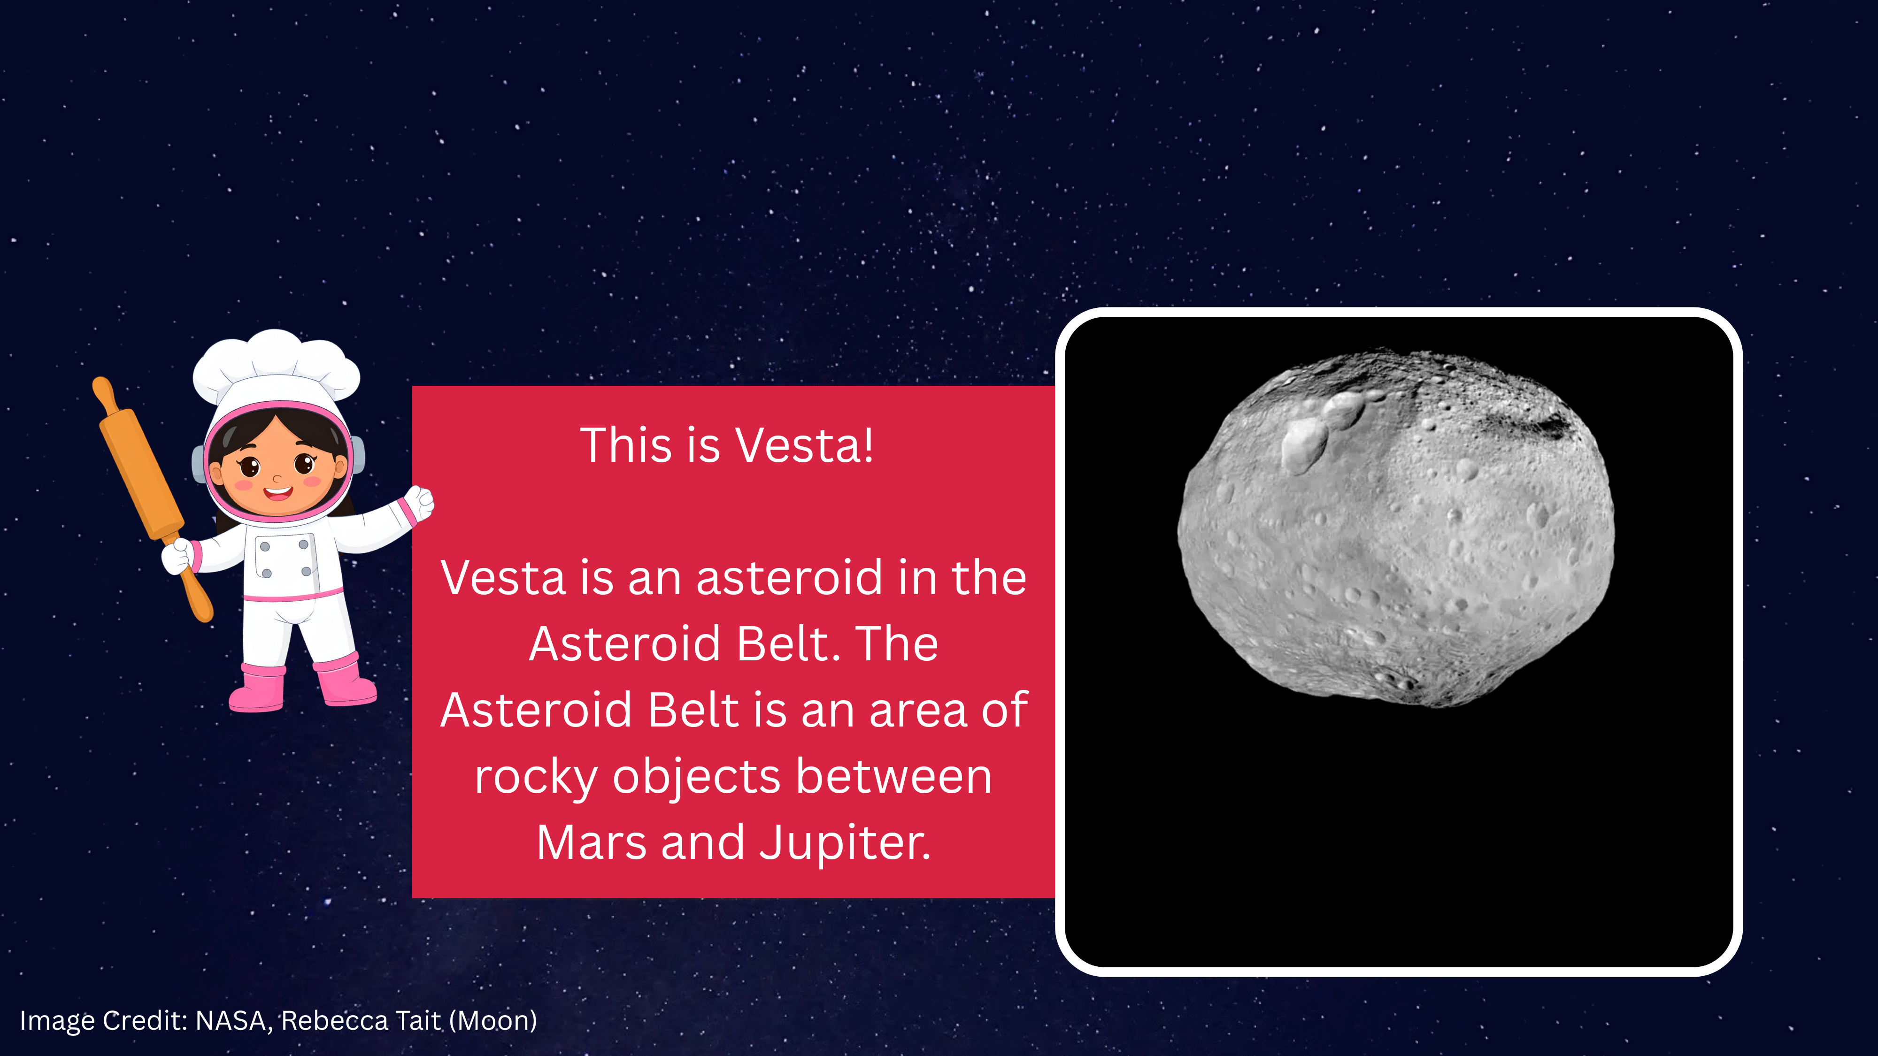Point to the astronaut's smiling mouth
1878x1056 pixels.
[x=278, y=493]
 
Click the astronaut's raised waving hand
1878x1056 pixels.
[x=420, y=502]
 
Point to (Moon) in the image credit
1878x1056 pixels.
[x=493, y=1021]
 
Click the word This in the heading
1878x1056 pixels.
[x=625, y=445]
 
